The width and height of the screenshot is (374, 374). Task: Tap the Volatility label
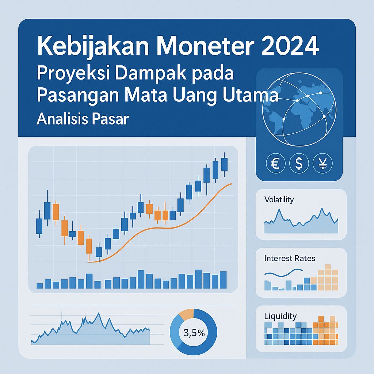click(279, 200)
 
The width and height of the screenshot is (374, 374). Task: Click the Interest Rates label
click(289, 258)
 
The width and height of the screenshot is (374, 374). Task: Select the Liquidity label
click(280, 316)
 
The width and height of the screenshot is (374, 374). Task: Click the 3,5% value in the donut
click(194, 333)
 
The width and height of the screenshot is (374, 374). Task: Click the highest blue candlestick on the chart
click(224, 164)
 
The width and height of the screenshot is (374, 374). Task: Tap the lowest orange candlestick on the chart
click(89, 245)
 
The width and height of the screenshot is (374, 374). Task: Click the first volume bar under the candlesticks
click(39, 285)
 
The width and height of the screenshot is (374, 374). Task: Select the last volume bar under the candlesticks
click(224, 280)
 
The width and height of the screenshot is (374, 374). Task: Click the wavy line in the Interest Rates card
click(283, 273)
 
